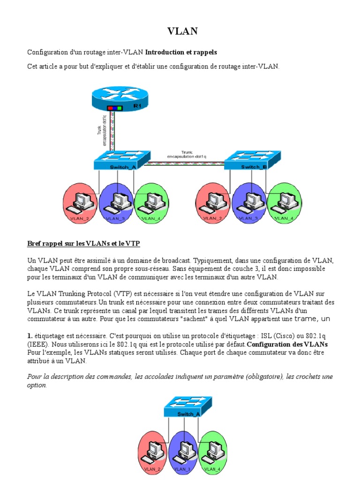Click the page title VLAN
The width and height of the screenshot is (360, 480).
[x=182, y=31]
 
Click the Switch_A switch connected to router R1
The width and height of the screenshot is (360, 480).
[x=121, y=161]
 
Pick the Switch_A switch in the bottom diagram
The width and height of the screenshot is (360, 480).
[x=187, y=407]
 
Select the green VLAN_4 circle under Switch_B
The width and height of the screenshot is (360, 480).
[x=285, y=203]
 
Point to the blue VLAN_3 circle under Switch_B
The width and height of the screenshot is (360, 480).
[x=249, y=203]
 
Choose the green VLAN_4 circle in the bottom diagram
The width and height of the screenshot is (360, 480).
[x=213, y=453]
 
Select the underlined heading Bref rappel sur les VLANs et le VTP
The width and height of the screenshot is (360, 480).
[x=83, y=244]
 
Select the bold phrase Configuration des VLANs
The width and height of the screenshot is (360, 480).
[x=287, y=345]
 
